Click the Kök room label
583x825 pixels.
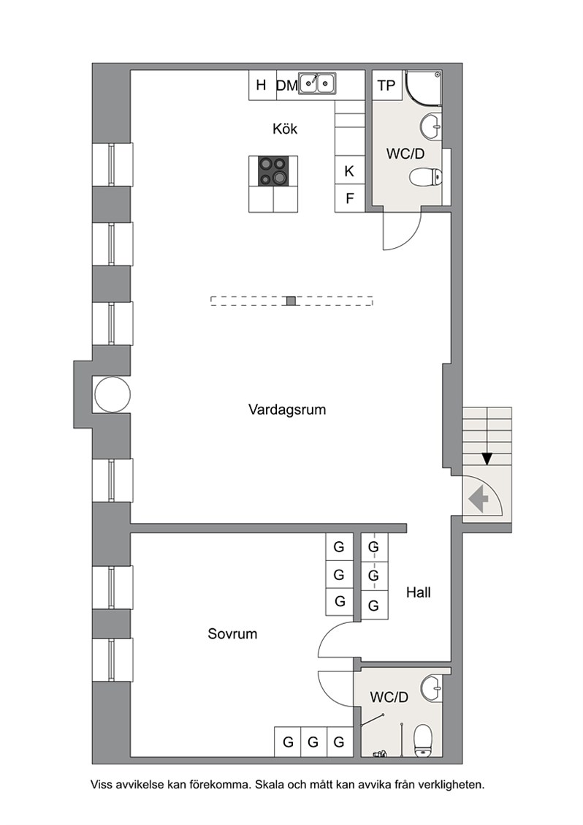[285, 129]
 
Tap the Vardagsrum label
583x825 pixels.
[287, 410]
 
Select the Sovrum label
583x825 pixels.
[232, 633]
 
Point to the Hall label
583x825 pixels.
[419, 592]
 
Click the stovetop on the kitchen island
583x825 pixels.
[273, 172]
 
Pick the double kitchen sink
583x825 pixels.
[317, 83]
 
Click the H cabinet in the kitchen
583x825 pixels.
[262, 85]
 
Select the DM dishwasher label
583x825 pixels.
[287, 86]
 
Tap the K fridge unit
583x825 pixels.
[350, 170]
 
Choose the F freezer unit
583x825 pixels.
[350, 198]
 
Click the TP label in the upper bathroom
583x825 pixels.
[386, 86]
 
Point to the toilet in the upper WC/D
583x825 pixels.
[425, 177]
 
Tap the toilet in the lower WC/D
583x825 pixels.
[423, 741]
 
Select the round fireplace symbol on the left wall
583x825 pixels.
[112, 395]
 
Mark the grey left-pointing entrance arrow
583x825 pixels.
[479, 500]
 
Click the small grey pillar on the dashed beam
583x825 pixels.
[291, 301]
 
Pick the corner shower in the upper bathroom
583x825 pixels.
[423, 86]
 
